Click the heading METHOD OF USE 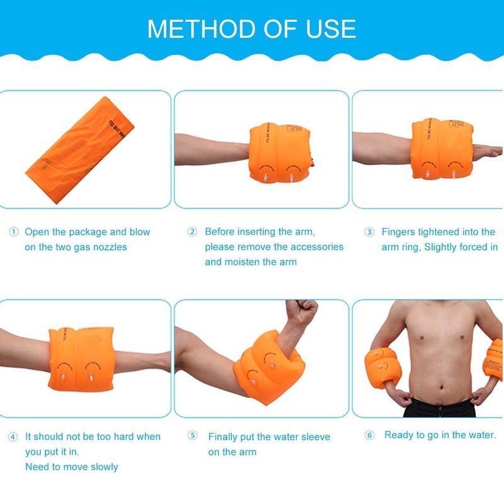tap(251, 29)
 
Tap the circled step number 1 tap(13, 232)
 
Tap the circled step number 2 tap(193, 232)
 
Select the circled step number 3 tap(370, 232)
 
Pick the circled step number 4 tap(13, 437)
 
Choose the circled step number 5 tap(193, 437)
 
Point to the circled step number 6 tap(370, 435)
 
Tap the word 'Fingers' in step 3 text tap(399, 232)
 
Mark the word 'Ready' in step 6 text tap(399, 435)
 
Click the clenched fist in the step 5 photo tap(301, 312)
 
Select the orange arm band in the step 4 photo tap(82, 358)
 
